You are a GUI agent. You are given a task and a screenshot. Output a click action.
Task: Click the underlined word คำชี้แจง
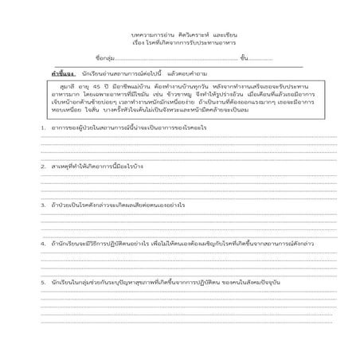pyautogui.click(x=63, y=72)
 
